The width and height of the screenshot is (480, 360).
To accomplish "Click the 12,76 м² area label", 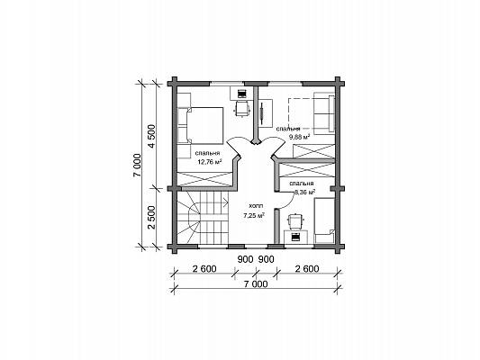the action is (210, 162).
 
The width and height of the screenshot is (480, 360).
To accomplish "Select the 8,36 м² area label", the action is (305, 193).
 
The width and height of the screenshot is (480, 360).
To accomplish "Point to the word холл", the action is (256, 206).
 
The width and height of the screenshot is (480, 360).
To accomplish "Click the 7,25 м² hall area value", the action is (254, 216).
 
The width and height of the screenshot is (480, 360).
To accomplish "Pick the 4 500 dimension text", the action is (152, 136).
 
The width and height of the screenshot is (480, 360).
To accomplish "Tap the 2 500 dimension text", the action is (152, 217).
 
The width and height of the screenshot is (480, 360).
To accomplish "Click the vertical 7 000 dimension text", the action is (138, 166).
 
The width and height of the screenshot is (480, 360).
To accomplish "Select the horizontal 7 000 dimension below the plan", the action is (256, 284).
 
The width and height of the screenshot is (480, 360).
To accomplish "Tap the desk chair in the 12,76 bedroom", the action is (241, 109).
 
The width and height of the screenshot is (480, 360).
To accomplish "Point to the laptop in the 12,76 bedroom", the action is (241, 94).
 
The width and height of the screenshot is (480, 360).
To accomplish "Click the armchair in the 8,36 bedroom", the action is (295, 220).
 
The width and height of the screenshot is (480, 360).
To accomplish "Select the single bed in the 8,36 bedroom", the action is (324, 220).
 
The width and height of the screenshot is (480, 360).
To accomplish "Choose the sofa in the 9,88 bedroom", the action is (324, 114).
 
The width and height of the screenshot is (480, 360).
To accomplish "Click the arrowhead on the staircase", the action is (227, 202).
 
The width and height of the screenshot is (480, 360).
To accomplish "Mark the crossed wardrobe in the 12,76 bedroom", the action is (204, 179).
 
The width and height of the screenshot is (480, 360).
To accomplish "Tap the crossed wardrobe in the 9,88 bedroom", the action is (313, 151).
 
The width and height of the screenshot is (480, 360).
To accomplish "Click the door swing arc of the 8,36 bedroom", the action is (289, 202).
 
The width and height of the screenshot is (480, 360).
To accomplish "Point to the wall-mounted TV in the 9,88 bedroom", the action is (262, 112).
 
